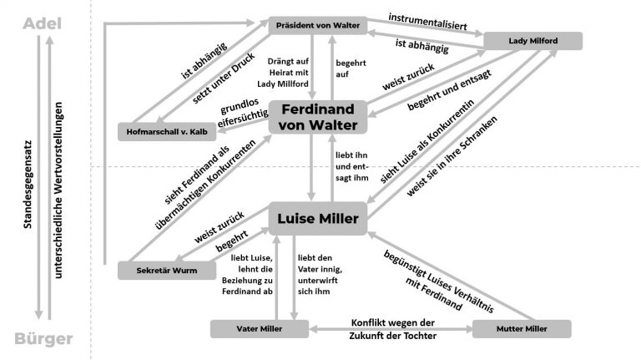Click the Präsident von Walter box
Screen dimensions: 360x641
click(x=318, y=25)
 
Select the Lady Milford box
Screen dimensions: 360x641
click(x=532, y=41)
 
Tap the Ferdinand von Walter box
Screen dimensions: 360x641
click(x=317, y=118)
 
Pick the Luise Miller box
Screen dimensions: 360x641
click(x=318, y=219)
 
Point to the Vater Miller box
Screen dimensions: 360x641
click(x=259, y=329)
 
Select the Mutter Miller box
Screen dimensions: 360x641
click(x=522, y=329)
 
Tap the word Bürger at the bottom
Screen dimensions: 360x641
click(x=43, y=339)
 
